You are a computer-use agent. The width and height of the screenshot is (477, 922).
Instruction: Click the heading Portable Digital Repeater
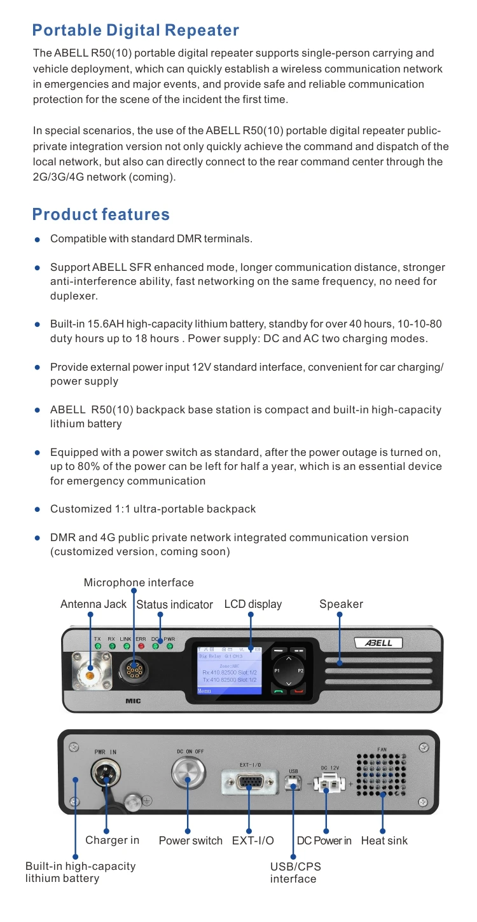(135, 30)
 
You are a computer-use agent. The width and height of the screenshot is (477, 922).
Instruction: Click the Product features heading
(101, 214)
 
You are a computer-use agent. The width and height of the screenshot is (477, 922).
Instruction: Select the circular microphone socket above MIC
(133, 670)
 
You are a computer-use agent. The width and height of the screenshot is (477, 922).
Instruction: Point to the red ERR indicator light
(141, 647)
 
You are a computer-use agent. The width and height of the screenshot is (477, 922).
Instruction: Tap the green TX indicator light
(98, 647)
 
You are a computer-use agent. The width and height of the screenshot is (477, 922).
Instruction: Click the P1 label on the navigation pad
(277, 671)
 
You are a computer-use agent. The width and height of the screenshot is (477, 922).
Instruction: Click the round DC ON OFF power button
(188, 773)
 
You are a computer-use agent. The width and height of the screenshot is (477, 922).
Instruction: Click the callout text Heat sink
(384, 841)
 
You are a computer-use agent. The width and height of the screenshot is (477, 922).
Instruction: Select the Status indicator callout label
(174, 604)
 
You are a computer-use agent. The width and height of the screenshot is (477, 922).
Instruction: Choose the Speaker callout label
(341, 604)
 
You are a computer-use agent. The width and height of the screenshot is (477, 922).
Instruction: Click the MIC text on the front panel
(133, 701)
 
